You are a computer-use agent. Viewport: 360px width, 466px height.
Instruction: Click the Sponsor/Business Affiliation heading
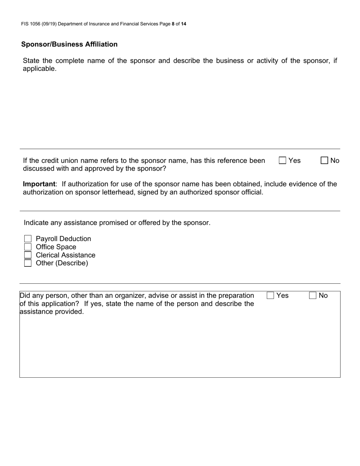click(x=69, y=44)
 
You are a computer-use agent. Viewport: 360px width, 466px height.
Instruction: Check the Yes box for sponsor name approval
click(x=282, y=160)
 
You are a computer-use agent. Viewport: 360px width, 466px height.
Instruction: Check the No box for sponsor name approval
click(x=324, y=160)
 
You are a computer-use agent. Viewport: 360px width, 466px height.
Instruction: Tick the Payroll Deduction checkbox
click(x=28, y=239)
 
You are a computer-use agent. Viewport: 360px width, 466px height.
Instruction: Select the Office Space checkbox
click(x=28, y=247)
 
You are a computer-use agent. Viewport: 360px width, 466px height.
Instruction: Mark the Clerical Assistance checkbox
click(x=28, y=255)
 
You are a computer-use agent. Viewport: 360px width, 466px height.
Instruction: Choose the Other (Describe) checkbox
click(x=28, y=263)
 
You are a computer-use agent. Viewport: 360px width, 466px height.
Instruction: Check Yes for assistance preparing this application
click(x=270, y=296)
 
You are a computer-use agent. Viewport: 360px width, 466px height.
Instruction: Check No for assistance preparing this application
click(x=313, y=296)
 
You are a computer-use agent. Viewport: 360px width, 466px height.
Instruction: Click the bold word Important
click(x=39, y=184)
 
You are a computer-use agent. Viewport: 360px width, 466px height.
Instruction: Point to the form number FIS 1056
click(x=33, y=24)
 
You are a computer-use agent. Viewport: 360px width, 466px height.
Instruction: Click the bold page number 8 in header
click(x=173, y=24)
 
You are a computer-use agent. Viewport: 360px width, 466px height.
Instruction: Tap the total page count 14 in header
click(x=183, y=24)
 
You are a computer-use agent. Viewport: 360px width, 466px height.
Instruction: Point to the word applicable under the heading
click(x=39, y=69)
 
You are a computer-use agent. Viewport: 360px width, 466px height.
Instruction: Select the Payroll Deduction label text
click(x=63, y=239)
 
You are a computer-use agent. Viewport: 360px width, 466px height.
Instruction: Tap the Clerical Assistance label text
click(x=66, y=255)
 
